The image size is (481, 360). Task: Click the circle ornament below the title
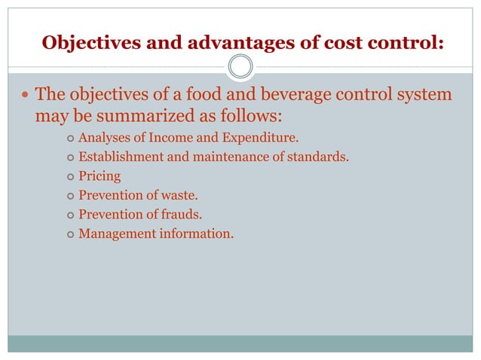click(240, 67)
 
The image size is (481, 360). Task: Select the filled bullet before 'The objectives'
click(27, 96)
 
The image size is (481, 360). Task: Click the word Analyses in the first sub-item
click(103, 138)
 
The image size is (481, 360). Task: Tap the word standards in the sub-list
click(319, 157)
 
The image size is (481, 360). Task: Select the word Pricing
click(100, 177)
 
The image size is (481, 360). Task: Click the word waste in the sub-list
click(180, 196)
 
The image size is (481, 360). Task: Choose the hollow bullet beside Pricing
click(69, 177)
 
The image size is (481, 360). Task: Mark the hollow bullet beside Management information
click(69, 234)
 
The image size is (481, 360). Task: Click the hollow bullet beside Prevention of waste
click(69, 196)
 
